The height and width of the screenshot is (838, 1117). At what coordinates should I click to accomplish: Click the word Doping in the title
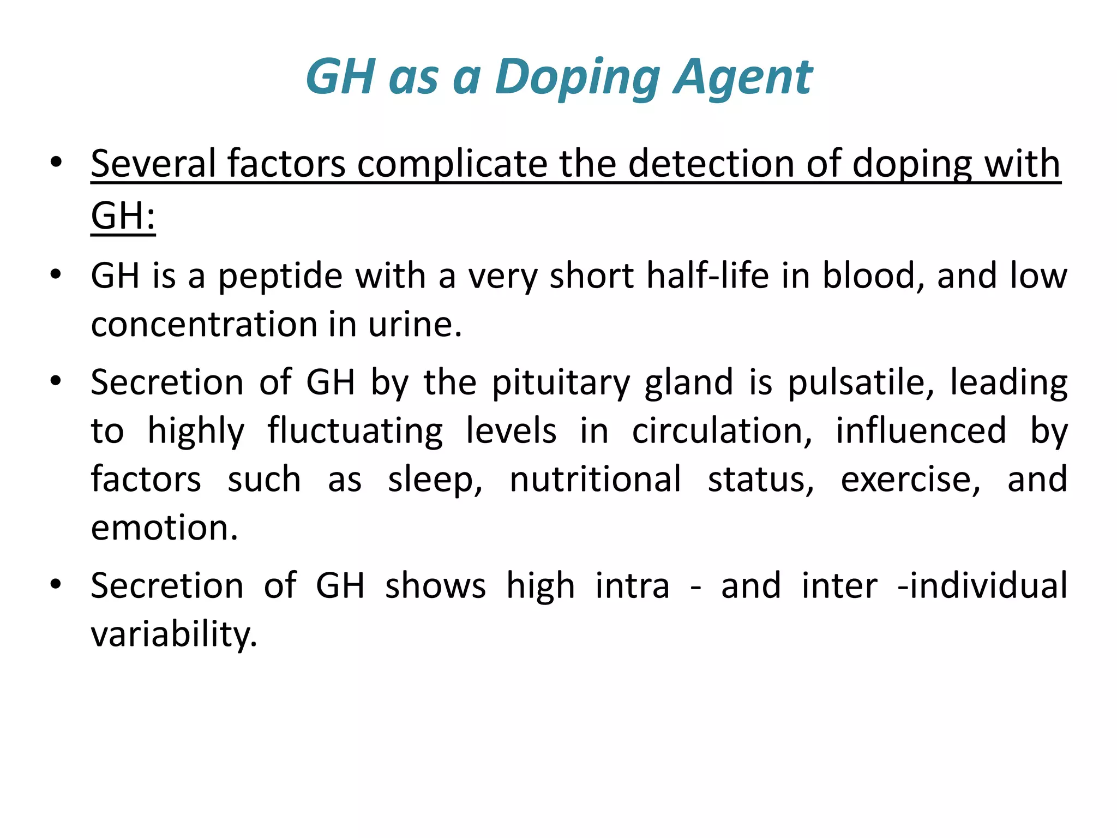coord(578,77)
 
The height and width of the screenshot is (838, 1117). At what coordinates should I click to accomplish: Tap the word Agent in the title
coord(743,77)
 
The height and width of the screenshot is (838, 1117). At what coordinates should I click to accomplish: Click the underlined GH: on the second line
coord(123,216)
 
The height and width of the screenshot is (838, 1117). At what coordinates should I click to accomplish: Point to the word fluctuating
coord(355,432)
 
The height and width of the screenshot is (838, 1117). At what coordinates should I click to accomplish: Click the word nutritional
coord(595,480)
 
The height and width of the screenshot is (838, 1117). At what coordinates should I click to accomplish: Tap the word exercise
coord(910,480)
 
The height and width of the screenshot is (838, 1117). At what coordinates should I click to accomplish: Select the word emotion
coord(164,528)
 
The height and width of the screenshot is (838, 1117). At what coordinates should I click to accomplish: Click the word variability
coord(173,635)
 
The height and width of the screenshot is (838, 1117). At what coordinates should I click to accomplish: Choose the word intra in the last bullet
coord(632,586)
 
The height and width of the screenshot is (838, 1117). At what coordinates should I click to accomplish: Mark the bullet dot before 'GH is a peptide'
coord(55,274)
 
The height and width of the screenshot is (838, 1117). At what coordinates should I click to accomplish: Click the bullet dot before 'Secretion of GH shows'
coord(55,585)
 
